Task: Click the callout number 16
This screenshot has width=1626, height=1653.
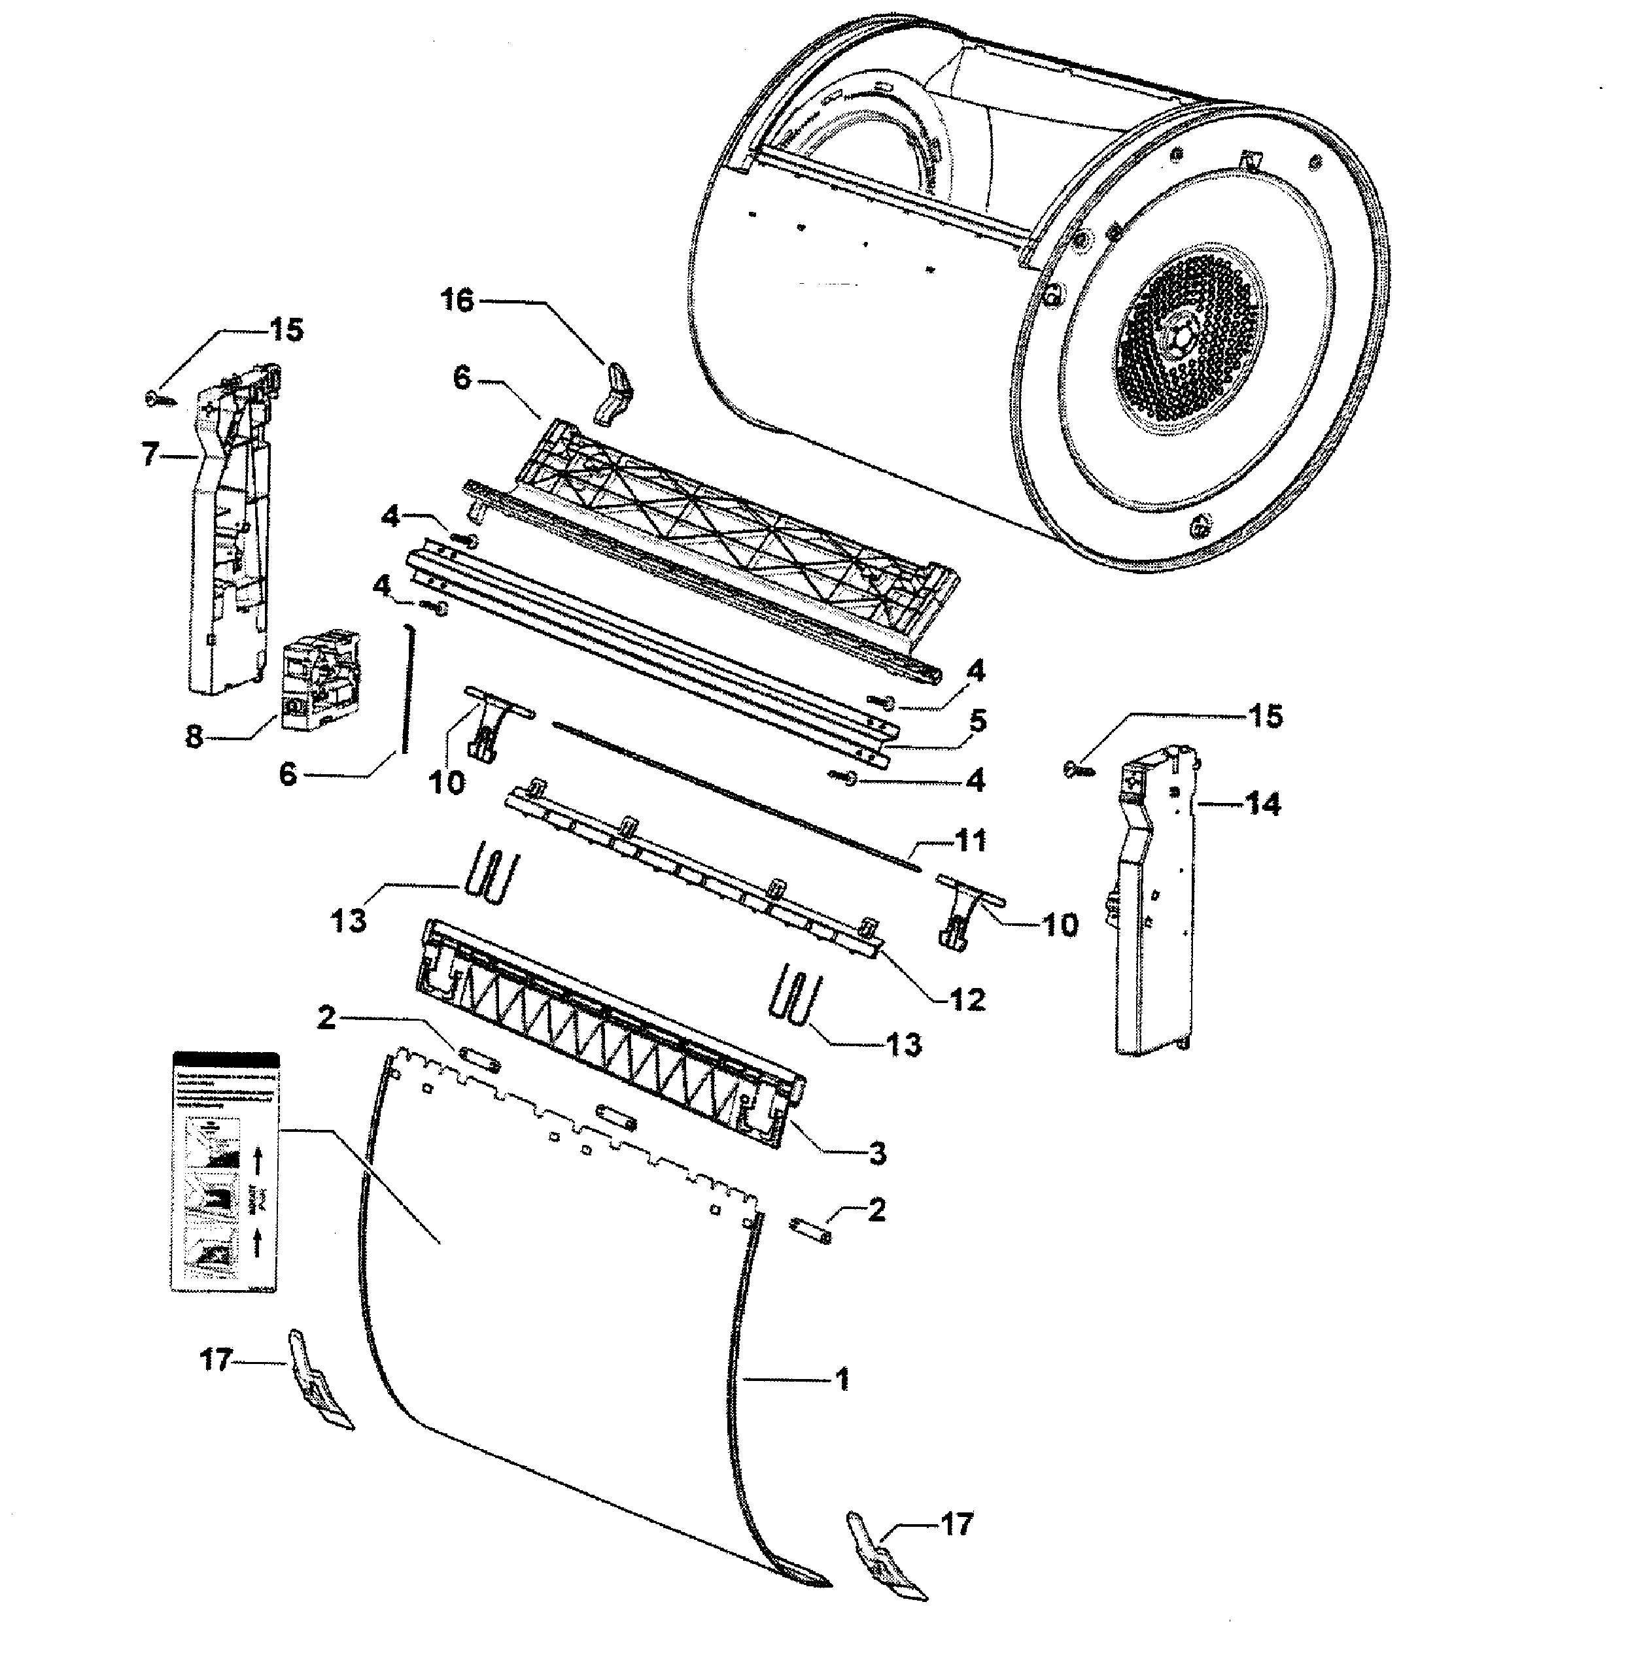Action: (x=458, y=301)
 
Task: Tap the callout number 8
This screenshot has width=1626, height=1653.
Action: (x=195, y=736)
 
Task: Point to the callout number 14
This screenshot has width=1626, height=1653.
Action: (x=1264, y=804)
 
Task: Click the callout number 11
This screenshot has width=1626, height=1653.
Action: (x=970, y=840)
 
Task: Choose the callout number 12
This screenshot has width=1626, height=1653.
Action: (x=967, y=999)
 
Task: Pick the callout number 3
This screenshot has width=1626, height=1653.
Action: (x=878, y=1153)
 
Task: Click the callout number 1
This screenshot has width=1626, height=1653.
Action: (x=842, y=1379)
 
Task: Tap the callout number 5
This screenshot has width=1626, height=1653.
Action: (x=978, y=721)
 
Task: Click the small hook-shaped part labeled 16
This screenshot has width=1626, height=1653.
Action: (x=613, y=393)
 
